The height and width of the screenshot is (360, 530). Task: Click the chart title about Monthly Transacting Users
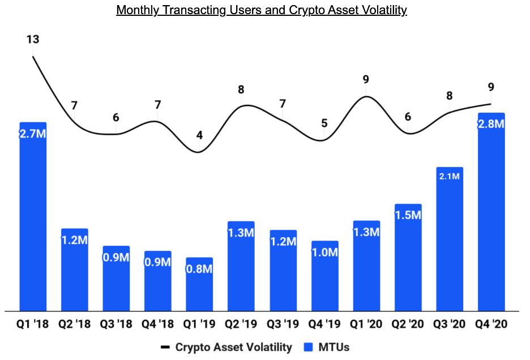(x=262, y=11)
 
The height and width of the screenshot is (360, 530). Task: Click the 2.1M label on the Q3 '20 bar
(x=450, y=177)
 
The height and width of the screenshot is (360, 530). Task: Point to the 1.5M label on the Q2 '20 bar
(x=408, y=215)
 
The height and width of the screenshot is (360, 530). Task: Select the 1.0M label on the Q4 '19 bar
(x=324, y=252)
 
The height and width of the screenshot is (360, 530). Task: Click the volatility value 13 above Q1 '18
(x=32, y=40)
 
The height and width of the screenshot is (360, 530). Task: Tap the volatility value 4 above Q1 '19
(x=199, y=135)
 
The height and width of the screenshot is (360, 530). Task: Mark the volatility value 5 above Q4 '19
(x=324, y=123)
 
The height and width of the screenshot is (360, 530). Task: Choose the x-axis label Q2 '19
(x=241, y=324)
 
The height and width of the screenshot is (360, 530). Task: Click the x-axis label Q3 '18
(x=116, y=324)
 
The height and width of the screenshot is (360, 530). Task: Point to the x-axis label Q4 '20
(x=491, y=324)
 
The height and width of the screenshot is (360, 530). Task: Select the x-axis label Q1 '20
(x=366, y=324)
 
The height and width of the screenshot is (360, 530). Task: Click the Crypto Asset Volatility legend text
(x=234, y=346)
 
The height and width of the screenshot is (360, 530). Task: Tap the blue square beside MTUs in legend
(x=309, y=346)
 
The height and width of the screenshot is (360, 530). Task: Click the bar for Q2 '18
(x=74, y=269)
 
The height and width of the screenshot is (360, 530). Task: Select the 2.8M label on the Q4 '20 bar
(x=491, y=124)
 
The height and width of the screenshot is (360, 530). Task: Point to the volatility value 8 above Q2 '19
(x=241, y=89)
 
